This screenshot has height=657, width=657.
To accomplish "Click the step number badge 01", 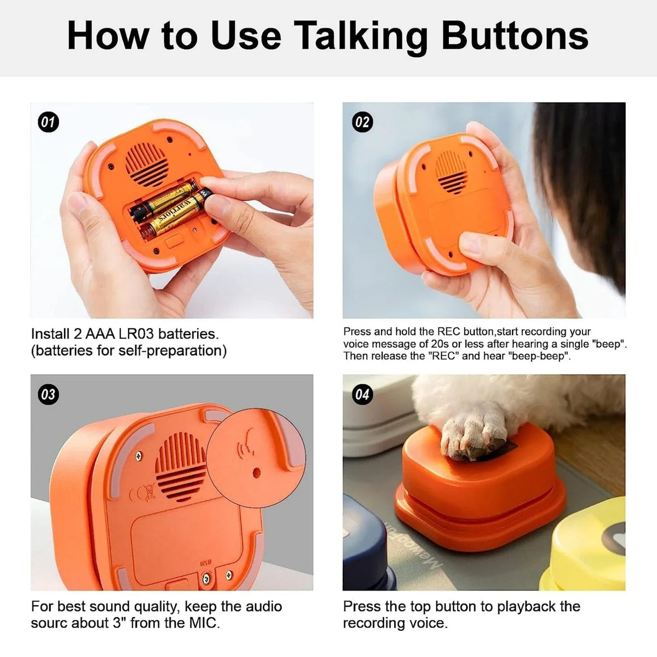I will [49, 122].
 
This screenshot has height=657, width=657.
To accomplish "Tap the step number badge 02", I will [362, 122].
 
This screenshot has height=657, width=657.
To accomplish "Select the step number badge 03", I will [49, 394].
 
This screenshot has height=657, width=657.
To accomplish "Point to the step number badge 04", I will [362, 394].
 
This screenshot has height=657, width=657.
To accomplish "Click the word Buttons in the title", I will [514, 36].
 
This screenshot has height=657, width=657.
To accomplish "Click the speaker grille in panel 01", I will [147, 164].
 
